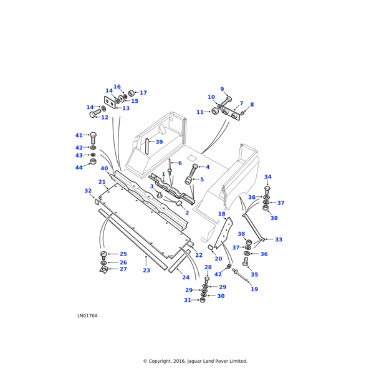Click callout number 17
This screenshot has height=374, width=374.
(x=143, y=93)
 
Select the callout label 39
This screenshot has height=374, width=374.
(x=159, y=142)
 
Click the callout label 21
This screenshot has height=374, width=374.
(x=102, y=182)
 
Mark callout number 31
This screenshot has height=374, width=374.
(x=187, y=300)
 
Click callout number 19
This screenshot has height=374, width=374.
(x=254, y=289)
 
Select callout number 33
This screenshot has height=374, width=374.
(x=279, y=239)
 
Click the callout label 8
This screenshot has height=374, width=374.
(x=252, y=105)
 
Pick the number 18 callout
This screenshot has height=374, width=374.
(x=221, y=214)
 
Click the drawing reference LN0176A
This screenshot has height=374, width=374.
(x=87, y=315)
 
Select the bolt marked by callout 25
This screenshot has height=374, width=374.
(x=104, y=254)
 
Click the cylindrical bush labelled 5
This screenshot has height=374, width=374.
(x=188, y=180)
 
